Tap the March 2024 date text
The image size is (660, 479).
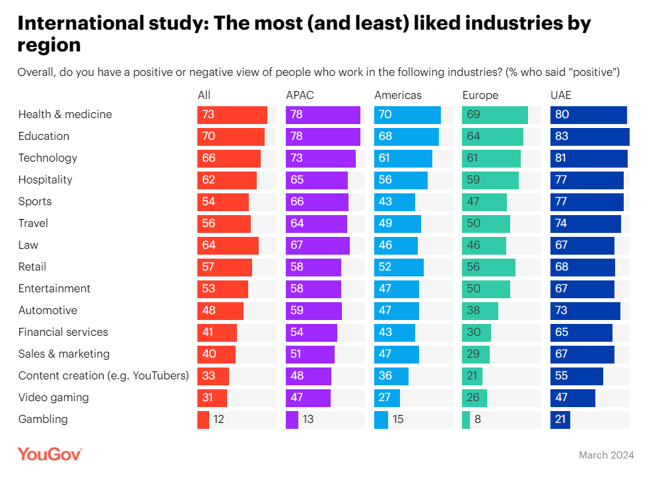[606, 455]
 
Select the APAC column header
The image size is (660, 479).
[300, 95]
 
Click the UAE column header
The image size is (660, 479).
[561, 95]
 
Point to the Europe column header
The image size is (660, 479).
[480, 95]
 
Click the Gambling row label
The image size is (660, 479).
[43, 419]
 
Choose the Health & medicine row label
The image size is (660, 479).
[65, 114]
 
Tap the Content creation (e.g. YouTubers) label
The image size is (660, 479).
[104, 375]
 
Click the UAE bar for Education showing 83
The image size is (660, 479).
[589, 136]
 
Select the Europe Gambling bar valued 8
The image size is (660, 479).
[466, 419]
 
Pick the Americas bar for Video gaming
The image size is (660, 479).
[387, 397]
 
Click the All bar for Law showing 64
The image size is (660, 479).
[228, 245]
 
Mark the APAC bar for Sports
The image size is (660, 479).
[317, 201]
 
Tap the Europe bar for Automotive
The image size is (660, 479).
[480, 310]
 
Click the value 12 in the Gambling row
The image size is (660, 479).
[218, 419]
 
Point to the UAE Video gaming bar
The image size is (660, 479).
[572, 397]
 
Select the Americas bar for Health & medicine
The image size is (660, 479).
[407, 114]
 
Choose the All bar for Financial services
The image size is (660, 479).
[216, 332]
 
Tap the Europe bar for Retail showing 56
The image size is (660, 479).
[488, 267]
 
